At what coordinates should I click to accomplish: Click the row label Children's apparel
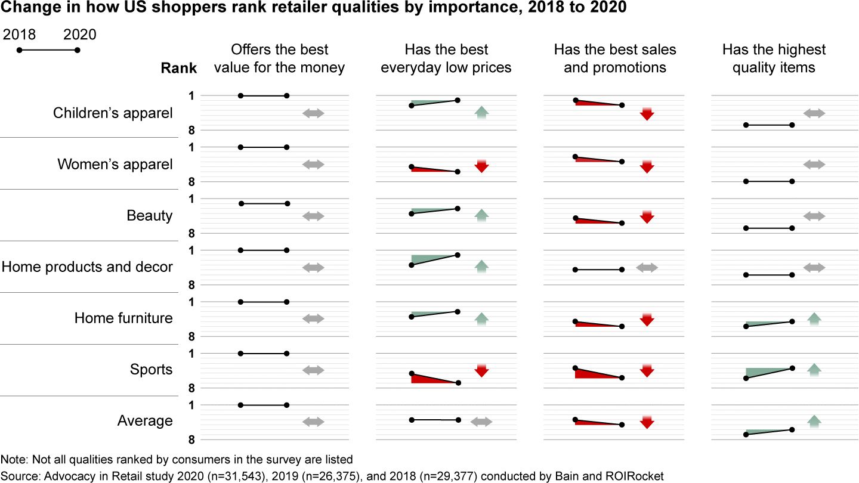click(x=113, y=113)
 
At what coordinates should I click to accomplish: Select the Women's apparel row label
click(x=115, y=164)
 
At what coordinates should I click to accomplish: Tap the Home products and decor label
click(x=87, y=267)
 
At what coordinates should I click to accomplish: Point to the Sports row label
click(x=152, y=369)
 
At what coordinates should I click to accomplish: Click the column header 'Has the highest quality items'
click(x=774, y=58)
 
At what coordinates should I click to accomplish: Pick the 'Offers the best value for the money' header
click(x=279, y=58)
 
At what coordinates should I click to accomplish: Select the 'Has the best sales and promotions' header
click(x=615, y=58)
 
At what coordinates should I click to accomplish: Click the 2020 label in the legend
click(x=80, y=35)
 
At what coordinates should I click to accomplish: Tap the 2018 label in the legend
click(x=20, y=35)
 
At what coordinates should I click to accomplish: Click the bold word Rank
click(x=179, y=68)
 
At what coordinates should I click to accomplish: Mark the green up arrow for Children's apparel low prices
click(x=481, y=112)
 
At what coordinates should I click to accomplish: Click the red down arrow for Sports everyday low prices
click(x=481, y=370)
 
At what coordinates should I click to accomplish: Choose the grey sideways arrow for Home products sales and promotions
click(x=647, y=268)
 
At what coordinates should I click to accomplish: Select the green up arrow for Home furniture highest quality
click(x=814, y=318)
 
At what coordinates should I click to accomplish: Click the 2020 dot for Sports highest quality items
click(x=792, y=368)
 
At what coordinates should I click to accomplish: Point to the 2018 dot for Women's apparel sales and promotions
click(x=575, y=157)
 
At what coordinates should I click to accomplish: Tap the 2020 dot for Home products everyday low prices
click(x=458, y=255)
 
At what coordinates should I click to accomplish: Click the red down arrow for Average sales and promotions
click(x=647, y=422)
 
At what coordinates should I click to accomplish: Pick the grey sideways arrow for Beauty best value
click(x=313, y=216)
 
